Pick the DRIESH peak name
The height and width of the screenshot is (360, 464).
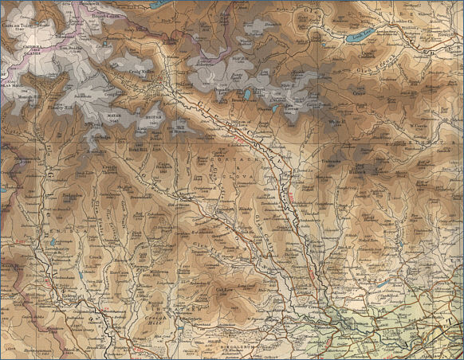(x=155, y=113)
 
